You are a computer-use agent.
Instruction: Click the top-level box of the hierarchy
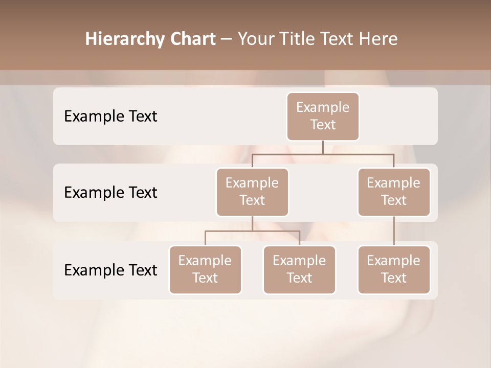point(323,116)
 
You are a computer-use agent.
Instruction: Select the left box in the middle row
point(252,192)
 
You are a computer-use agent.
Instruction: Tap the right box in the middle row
point(394,192)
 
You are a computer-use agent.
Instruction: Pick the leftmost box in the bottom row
point(205,269)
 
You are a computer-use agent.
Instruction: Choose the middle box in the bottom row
point(299,269)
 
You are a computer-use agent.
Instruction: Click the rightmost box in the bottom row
point(394,269)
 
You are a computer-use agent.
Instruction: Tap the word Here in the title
point(379,39)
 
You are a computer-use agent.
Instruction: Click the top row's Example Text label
point(110,117)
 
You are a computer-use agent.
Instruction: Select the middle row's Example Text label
point(110,193)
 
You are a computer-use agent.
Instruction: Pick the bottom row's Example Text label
point(110,270)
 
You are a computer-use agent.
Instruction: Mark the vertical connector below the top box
point(323,147)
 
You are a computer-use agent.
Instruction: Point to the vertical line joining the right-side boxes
point(394,231)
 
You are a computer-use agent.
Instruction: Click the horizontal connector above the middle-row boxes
point(323,154)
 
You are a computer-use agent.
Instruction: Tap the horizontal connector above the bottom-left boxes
point(252,231)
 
